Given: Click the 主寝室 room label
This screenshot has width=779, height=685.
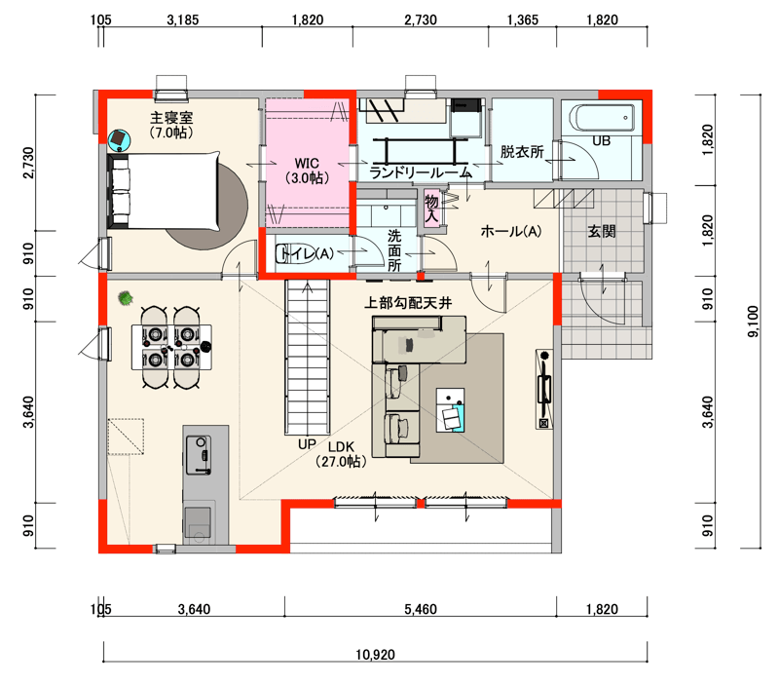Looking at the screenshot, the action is coord(171,118).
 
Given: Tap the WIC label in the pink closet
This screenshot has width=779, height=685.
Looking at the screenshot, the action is coord(307,163).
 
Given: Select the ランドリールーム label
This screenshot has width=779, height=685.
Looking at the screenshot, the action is coord(421,173).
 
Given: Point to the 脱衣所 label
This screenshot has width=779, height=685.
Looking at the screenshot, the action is coord(522,152).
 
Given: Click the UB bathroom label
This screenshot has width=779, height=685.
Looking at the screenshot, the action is coord(601,141).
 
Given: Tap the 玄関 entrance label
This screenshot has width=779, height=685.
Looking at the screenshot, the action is coord(602,231).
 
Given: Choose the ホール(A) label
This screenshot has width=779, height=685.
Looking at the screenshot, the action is coord(510,231).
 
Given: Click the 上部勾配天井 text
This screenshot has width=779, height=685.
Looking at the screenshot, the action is coord(408,303).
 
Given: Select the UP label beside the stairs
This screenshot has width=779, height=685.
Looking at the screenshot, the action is coord(307,444).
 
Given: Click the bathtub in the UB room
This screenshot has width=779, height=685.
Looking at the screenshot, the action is coord(602,118).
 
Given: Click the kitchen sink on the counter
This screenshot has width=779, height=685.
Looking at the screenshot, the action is coord(199,455).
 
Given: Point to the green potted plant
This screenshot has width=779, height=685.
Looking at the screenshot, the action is coord(126,298).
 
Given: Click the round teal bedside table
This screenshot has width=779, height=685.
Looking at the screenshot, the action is coord(120,140).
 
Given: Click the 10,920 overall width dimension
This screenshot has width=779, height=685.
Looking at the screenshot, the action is coord(375,655).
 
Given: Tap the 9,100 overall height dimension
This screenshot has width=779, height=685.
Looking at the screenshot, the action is coord(753,322).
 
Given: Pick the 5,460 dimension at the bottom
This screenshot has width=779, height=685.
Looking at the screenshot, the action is coord(421,609).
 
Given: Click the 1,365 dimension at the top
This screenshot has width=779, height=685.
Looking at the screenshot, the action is coord(523,19).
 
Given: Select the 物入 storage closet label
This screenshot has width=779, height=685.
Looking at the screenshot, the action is coord(431,209).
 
